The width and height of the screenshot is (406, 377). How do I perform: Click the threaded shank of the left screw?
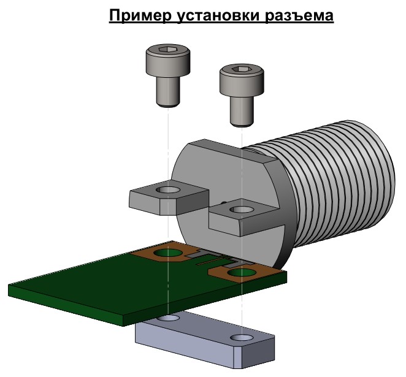coord(167,92)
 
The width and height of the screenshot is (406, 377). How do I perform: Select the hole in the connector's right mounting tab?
coord(240,210)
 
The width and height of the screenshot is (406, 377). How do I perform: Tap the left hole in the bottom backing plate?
coord(167,319)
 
